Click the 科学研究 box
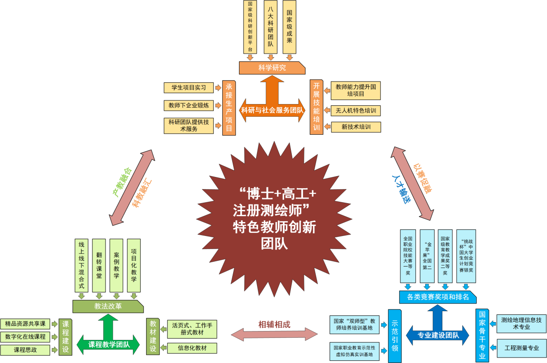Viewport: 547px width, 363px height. point(272,68)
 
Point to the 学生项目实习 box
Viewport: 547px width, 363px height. point(188,87)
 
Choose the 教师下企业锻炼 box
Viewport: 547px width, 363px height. point(188,105)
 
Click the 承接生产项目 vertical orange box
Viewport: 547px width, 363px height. point(230,108)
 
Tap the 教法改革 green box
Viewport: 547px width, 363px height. point(108,306)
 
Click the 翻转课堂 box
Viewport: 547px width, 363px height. point(99,265)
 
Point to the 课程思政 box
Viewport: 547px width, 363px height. point(25,350)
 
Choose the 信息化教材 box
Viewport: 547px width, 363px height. point(192,348)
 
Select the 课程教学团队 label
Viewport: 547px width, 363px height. point(109,345)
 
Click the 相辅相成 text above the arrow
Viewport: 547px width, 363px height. point(274,324)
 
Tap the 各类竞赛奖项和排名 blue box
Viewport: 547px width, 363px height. point(437,297)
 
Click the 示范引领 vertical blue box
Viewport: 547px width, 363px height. point(395,336)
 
